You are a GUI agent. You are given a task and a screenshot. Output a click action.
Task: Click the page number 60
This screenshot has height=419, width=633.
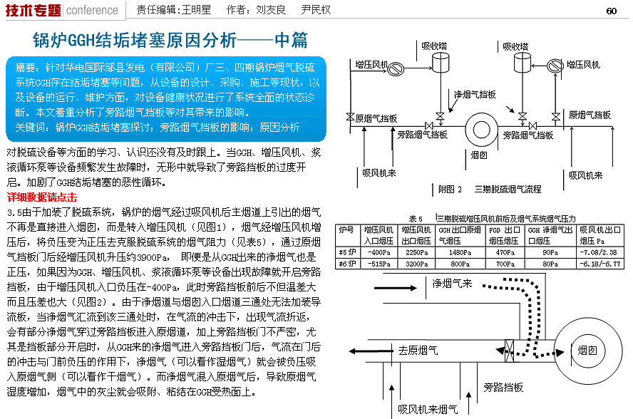[611, 11]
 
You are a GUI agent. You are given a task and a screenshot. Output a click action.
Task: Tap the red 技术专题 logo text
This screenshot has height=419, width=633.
[33, 10]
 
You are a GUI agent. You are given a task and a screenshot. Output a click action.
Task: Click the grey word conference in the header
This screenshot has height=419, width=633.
[92, 10]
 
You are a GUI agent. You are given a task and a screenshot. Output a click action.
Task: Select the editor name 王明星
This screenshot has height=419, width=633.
[196, 10]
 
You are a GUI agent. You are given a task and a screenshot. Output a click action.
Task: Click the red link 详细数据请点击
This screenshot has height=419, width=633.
[42, 197]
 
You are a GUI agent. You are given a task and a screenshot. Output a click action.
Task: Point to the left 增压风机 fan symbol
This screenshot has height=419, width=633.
[395, 68]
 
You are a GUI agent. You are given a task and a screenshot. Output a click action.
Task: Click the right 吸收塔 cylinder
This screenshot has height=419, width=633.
[522, 63]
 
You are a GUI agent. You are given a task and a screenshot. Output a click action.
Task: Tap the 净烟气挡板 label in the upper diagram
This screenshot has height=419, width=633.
[475, 95]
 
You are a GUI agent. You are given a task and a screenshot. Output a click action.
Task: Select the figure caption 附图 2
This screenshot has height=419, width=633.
[450, 190]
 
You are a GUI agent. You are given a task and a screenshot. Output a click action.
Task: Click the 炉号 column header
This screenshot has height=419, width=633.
[346, 229]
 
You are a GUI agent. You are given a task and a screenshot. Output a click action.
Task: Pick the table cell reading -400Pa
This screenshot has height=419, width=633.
[379, 252]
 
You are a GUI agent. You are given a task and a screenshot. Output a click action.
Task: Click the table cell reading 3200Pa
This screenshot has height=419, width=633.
[416, 264]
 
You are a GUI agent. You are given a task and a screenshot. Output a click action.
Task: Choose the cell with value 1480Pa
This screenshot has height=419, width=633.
[460, 252]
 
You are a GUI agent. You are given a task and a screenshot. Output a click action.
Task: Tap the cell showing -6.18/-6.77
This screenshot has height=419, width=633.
[600, 264]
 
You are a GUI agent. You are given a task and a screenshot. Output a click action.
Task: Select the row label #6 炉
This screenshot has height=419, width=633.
[347, 264]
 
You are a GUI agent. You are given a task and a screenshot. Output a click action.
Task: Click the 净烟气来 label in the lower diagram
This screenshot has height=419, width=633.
[452, 284]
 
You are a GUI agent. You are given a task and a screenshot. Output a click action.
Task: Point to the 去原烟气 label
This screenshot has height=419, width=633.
[418, 351]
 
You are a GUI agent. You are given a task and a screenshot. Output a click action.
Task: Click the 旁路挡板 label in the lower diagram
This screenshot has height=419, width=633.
[503, 388]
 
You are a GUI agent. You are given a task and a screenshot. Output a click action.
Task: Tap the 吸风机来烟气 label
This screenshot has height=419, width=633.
[428, 409]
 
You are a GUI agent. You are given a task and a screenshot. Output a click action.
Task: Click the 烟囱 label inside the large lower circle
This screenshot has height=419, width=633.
[587, 350]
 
